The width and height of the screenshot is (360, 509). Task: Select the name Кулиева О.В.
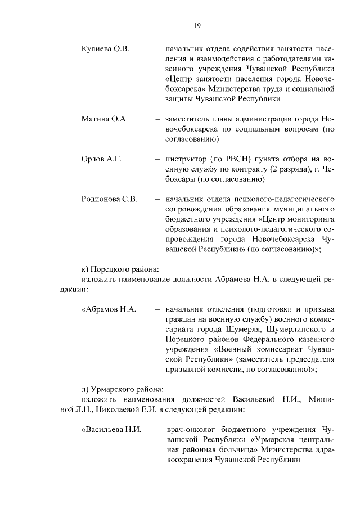(106, 49)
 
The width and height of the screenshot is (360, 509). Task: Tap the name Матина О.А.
(105, 119)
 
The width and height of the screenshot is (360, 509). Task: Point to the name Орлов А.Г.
(102, 159)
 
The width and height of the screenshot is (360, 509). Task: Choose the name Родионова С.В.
(110, 200)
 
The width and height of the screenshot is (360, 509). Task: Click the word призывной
(187, 370)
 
